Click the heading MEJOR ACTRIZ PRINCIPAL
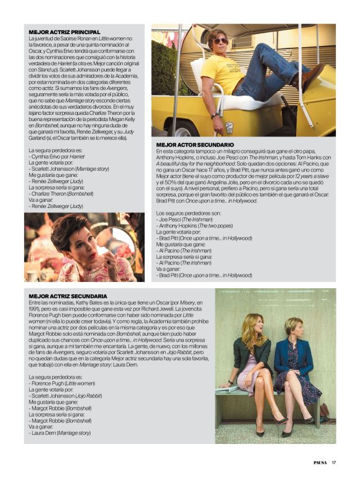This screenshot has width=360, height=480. click(65, 31)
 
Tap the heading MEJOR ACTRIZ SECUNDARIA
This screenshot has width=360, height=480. click(68, 296)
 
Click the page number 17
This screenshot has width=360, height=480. click(333, 461)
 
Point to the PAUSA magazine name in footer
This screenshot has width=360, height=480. click(320, 461)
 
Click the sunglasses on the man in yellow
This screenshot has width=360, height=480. click(220, 41)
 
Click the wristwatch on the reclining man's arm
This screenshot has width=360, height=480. click(214, 115)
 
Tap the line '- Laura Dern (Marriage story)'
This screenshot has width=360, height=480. click(60, 433)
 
